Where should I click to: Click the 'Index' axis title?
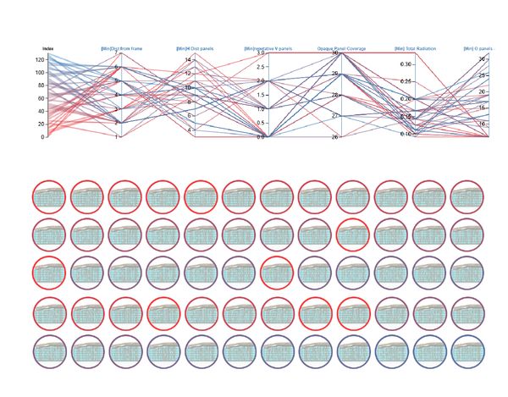pos(48,49)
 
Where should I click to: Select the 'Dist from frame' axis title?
pos(120,49)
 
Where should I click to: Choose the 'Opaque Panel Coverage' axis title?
pos(341,49)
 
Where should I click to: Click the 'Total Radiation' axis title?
pos(415,49)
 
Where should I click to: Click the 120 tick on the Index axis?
pos(40,60)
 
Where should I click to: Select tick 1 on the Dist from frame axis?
pos(116,136)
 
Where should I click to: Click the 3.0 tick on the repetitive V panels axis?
pos(262,52)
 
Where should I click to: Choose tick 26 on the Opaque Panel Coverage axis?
pos(335,136)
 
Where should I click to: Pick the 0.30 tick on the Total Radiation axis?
pos(406,64)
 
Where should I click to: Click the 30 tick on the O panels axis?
pos(483,59)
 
